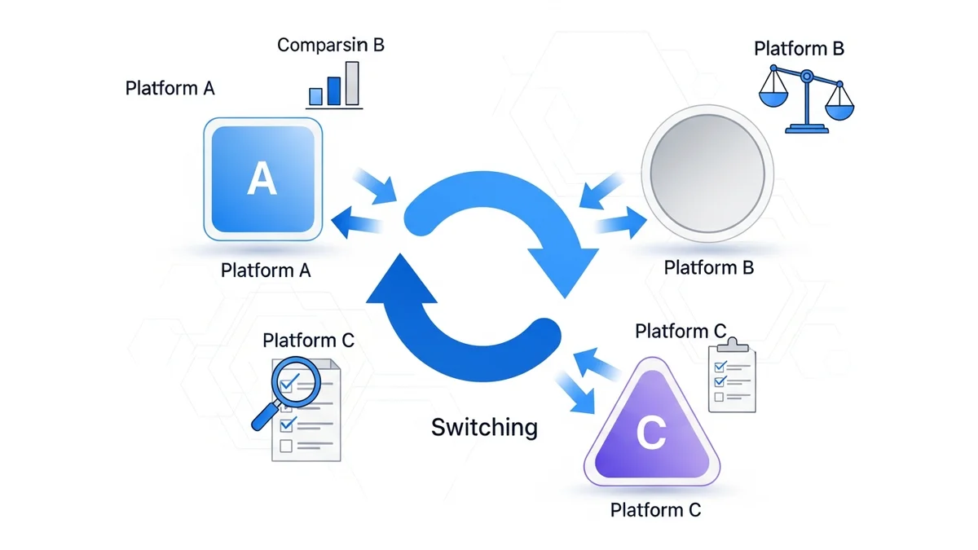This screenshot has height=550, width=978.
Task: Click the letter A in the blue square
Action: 262,178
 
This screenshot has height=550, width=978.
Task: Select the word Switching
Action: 484,426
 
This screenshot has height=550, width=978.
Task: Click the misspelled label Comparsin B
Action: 330,45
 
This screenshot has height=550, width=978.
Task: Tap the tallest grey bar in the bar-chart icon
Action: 351,83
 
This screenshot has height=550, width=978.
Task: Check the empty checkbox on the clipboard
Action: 719,397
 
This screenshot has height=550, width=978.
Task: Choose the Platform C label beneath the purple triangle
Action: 655,510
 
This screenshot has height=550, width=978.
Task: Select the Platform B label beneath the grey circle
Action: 708,267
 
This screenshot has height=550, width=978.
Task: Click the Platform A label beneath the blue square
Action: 266,270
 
